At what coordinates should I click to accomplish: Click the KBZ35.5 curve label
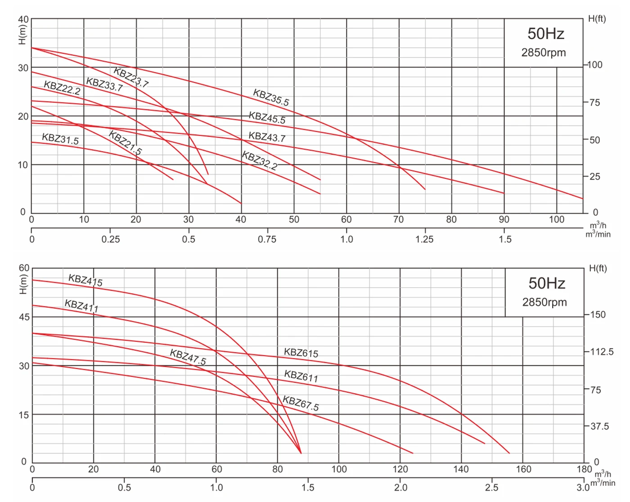click(271, 98)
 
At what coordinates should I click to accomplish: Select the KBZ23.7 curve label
click(131, 77)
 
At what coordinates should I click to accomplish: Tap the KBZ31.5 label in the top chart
click(60, 139)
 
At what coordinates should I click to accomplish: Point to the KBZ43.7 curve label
click(267, 137)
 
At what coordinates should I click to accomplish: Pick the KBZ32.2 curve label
click(260, 161)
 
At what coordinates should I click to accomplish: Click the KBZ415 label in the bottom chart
click(85, 280)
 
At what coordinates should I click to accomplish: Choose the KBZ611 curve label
click(301, 376)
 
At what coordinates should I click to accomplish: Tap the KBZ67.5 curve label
click(301, 403)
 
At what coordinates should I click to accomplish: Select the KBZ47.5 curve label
click(188, 357)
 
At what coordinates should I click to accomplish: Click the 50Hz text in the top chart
click(545, 34)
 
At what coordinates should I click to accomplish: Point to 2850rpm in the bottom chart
click(544, 302)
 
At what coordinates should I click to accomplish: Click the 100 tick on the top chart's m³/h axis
click(557, 220)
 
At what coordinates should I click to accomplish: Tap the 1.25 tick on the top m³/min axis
click(424, 239)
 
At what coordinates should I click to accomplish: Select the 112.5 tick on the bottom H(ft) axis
click(602, 352)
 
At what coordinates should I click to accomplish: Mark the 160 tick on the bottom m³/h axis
click(523, 469)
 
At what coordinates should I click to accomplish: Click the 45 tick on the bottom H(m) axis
click(24, 317)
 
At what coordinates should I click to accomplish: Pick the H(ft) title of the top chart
click(597, 19)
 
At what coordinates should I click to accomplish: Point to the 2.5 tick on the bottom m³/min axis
click(492, 488)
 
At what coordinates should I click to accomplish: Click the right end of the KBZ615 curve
click(509, 453)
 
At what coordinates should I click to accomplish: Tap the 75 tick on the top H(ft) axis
click(595, 103)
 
